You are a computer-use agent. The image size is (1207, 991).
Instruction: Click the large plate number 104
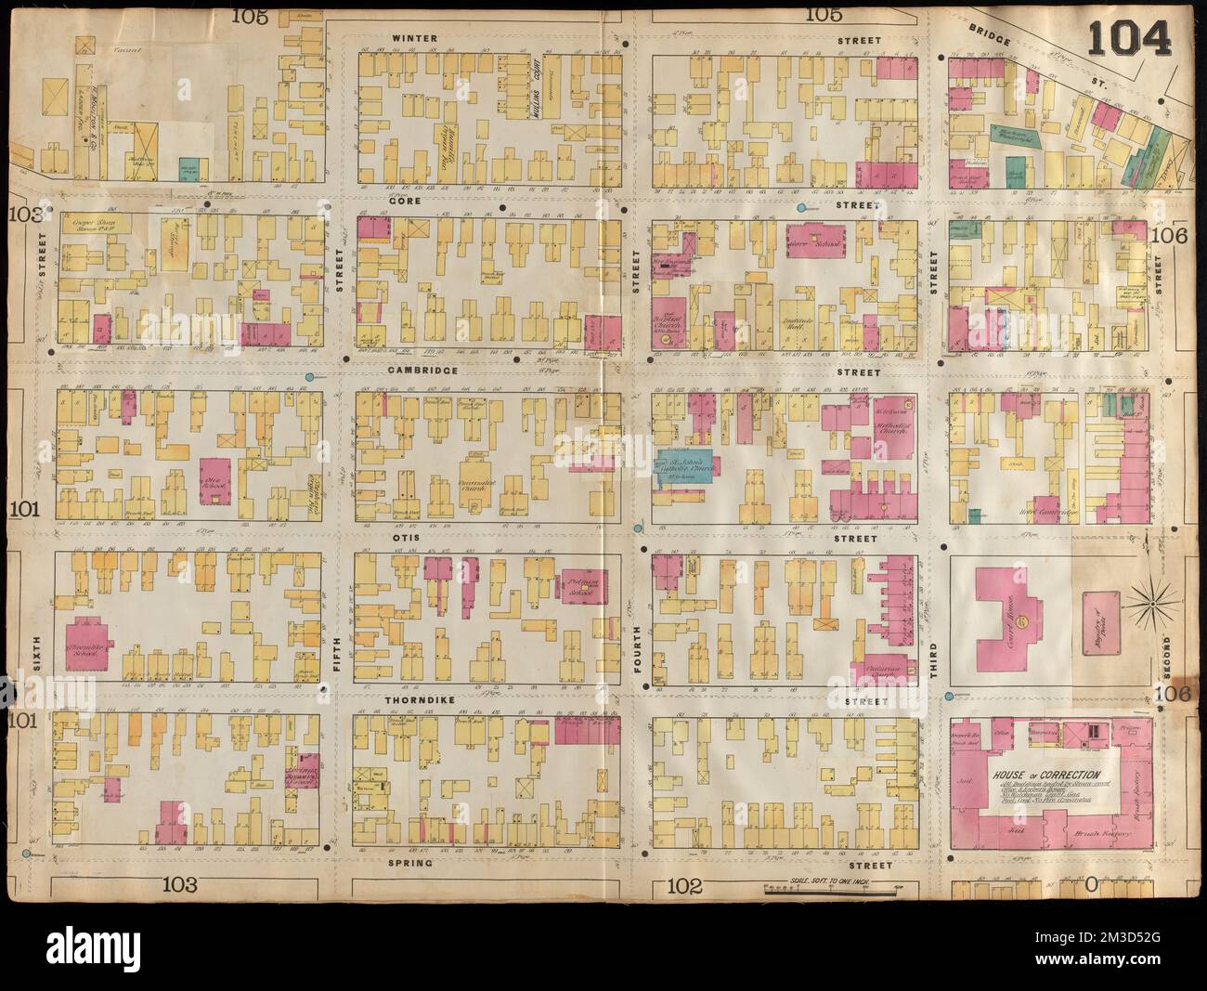[x=1130, y=38]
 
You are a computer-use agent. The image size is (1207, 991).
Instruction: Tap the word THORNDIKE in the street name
[x=421, y=703]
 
